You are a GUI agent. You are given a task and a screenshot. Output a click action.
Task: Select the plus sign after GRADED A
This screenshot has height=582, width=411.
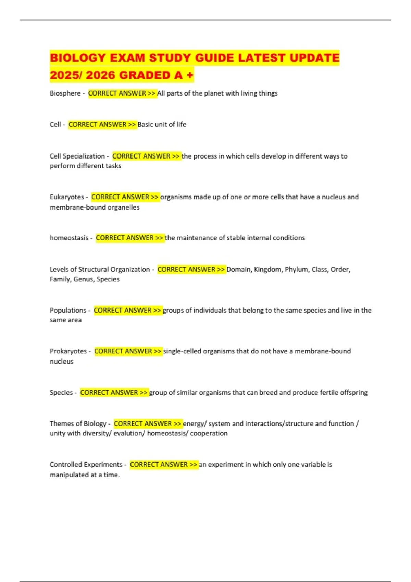point(190,75)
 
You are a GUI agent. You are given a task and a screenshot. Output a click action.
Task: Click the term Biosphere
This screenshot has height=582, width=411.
point(65,93)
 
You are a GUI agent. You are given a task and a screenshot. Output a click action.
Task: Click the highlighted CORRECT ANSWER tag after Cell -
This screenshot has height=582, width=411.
point(102,125)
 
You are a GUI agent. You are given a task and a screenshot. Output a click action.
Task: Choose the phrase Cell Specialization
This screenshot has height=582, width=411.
point(77,156)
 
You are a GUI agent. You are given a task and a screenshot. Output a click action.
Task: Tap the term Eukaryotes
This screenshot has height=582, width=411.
point(67,197)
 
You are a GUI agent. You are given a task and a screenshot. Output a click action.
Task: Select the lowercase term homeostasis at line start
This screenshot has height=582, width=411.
point(69,238)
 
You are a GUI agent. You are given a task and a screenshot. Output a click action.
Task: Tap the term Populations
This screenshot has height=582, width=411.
point(68,311)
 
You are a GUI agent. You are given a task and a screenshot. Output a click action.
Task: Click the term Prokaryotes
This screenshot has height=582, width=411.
point(68,351)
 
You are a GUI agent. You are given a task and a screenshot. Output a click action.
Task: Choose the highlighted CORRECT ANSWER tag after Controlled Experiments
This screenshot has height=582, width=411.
point(164,465)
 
